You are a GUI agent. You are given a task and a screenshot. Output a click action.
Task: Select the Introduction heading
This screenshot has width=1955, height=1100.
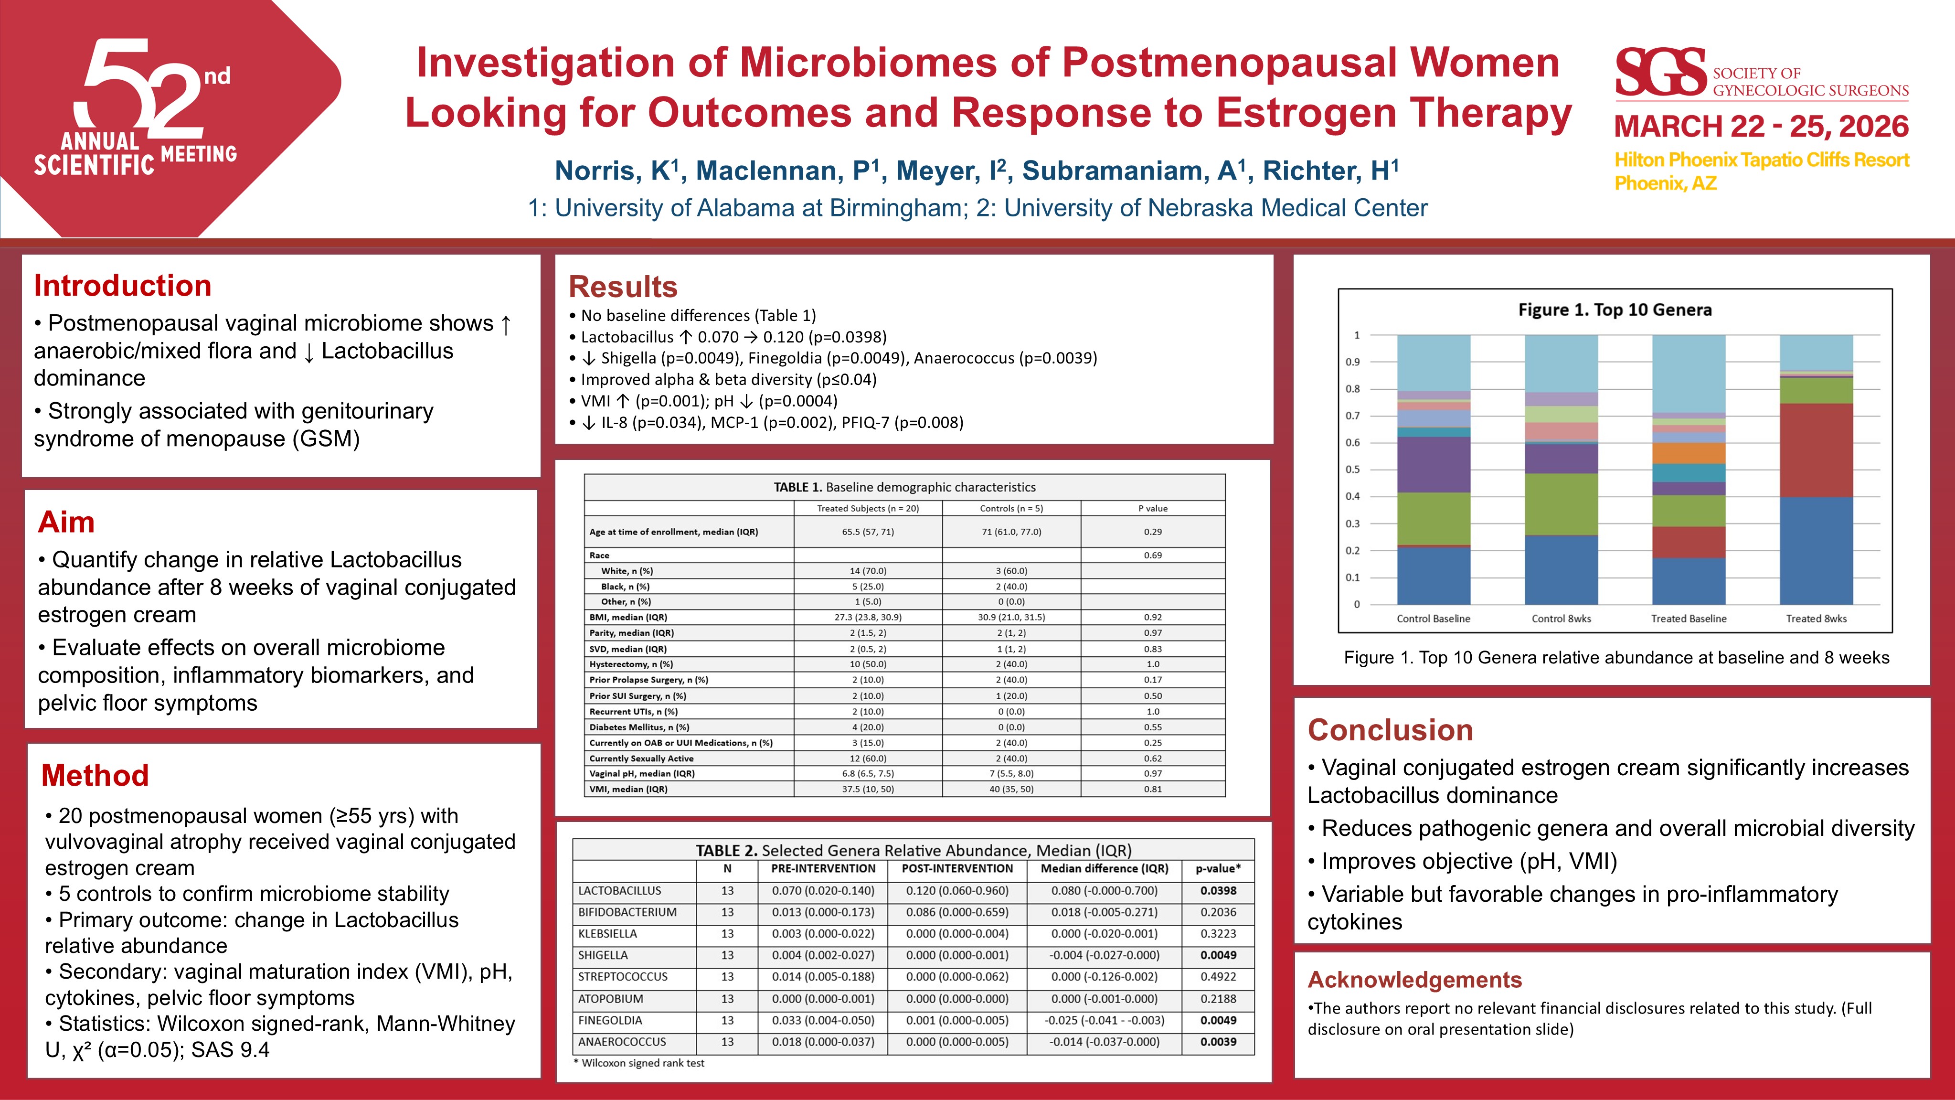(x=122, y=286)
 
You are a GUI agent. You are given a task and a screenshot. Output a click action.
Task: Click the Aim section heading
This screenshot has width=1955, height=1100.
(x=66, y=522)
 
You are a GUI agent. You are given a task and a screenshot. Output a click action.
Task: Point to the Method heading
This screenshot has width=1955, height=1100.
(x=95, y=775)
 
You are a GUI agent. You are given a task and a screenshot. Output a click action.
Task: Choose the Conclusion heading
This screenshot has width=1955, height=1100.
(x=1390, y=729)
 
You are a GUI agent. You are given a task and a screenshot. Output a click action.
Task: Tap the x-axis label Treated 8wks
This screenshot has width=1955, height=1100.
(x=1816, y=619)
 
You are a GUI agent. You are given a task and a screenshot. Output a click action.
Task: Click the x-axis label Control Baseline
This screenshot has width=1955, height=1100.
(x=1433, y=619)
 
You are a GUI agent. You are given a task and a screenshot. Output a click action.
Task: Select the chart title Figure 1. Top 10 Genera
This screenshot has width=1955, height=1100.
(x=1614, y=310)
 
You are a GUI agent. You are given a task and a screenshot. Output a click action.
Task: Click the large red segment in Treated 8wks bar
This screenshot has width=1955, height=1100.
(x=1816, y=449)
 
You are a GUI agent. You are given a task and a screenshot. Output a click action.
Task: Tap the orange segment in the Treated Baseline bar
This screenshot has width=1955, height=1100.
(x=1688, y=453)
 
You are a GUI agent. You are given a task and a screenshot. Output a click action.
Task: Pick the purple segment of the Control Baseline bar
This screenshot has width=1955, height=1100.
(x=1433, y=465)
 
